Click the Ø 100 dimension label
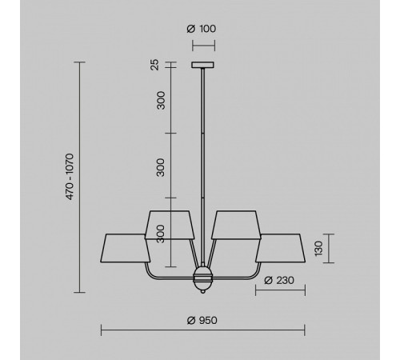[202, 29]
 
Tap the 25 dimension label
[154, 65]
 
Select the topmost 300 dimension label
[161, 100]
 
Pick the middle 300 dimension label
[161, 167]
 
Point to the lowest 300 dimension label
[161, 234]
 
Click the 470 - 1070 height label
[70, 177]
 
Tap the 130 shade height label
[318, 249]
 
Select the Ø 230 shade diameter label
[279, 280]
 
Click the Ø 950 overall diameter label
[202, 320]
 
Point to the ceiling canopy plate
[202, 65]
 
